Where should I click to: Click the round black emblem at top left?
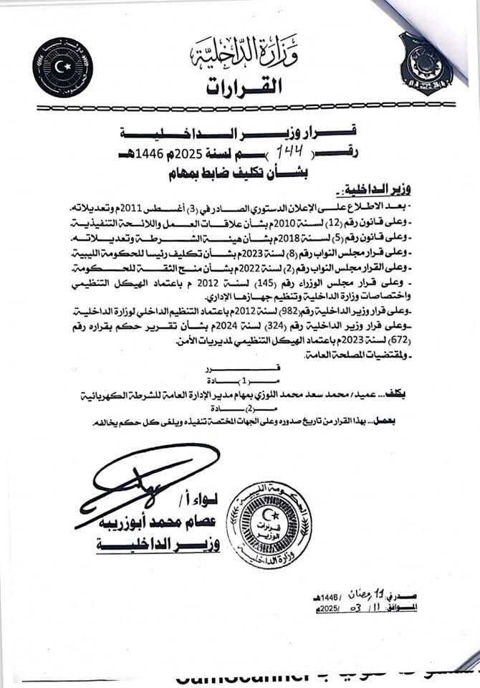[62, 67]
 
